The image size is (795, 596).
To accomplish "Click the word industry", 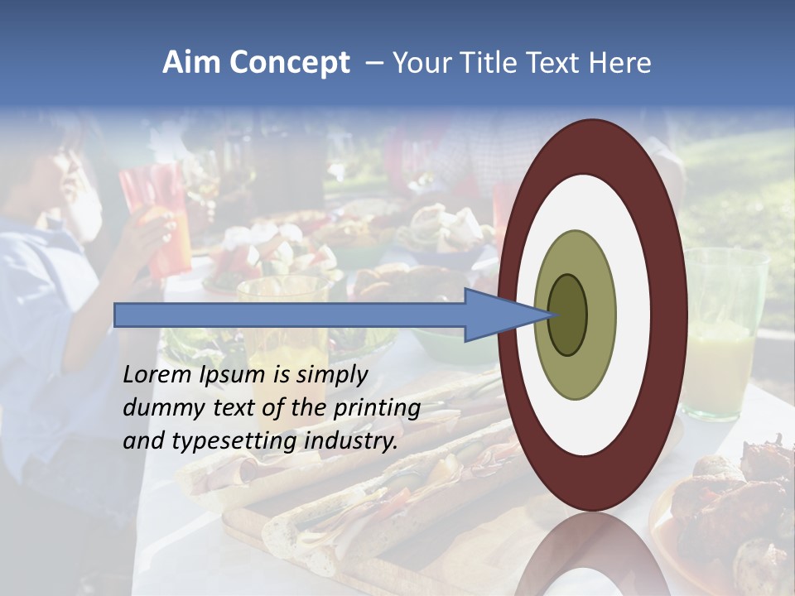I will pos(351,441).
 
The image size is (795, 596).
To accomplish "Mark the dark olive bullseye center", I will pos(568,315).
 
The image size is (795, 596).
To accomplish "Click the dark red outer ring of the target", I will pos(671,315).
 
